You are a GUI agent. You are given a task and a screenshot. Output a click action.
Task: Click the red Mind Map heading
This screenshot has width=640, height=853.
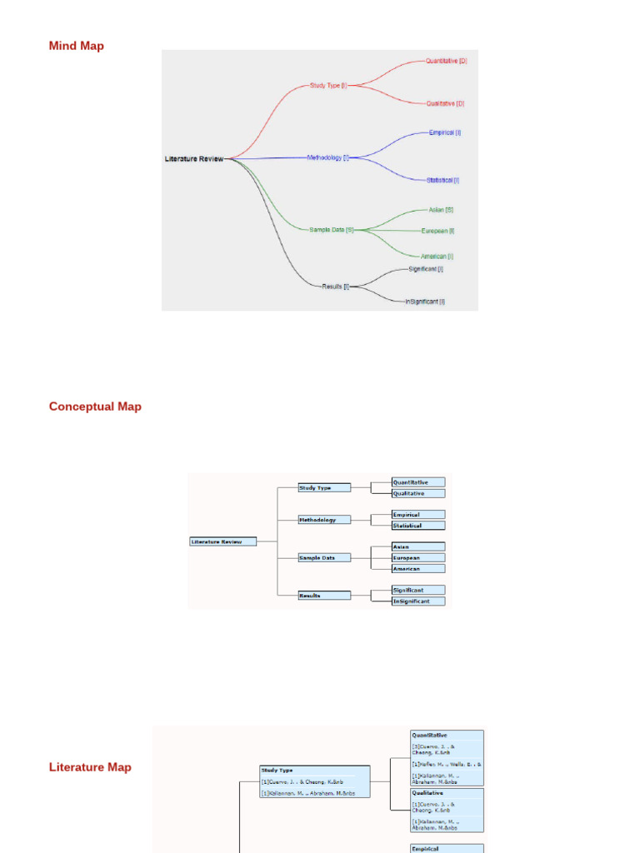pyautogui.click(x=77, y=46)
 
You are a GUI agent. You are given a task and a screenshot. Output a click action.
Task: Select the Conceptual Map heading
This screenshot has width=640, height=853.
pyautogui.click(x=95, y=407)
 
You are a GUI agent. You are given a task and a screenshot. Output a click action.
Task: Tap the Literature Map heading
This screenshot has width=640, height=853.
pyautogui.click(x=90, y=767)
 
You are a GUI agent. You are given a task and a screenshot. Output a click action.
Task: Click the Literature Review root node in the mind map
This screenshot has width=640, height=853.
pyautogui.click(x=194, y=158)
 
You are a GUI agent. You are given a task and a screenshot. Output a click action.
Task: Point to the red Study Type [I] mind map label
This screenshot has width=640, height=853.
pyautogui.click(x=327, y=85)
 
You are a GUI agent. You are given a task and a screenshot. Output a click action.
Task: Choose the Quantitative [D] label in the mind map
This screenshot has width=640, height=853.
pyautogui.click(x=446, y=61)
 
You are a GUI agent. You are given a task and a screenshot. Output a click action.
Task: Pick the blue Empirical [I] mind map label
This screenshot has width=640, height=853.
pyautogui.click(x=445, y=132)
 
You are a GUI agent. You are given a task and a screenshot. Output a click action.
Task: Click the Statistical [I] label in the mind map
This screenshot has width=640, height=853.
pyautogui.click(x=442, y=180)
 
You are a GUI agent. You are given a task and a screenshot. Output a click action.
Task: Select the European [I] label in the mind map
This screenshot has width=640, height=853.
pyautogui.click(x=437, y=231)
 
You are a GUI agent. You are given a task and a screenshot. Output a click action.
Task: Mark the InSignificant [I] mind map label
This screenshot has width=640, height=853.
pyautogui.click(x=425, y=302)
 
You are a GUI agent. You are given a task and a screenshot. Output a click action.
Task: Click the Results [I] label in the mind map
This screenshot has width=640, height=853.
pyautogui.click(x=335, y=286)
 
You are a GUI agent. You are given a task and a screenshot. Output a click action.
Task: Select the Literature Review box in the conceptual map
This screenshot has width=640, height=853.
pyautogui.click(x=222, y=541)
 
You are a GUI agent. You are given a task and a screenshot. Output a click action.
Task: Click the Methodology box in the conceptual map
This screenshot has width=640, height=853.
pyautogui.click(x=324, y=520)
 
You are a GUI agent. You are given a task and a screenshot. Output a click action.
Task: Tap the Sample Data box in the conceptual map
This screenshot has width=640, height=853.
pyautogui.click(x=324, y=557)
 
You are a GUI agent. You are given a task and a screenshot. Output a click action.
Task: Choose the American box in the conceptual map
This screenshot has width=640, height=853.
pyautogui.click(x=418, y=569)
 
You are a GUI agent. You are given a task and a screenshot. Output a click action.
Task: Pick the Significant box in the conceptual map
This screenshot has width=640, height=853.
pyautogui.click(x=418, y=590)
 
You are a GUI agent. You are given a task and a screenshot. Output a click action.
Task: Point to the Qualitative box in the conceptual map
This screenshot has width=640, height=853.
pyautogui.click(x=418, y=493)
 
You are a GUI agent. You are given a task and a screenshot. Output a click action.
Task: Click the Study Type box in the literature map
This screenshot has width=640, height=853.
pyautogui.click(x=314, y=782)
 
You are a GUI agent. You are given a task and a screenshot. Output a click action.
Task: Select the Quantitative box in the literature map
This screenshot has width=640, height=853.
pyautogui.click(x=447, y=756)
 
